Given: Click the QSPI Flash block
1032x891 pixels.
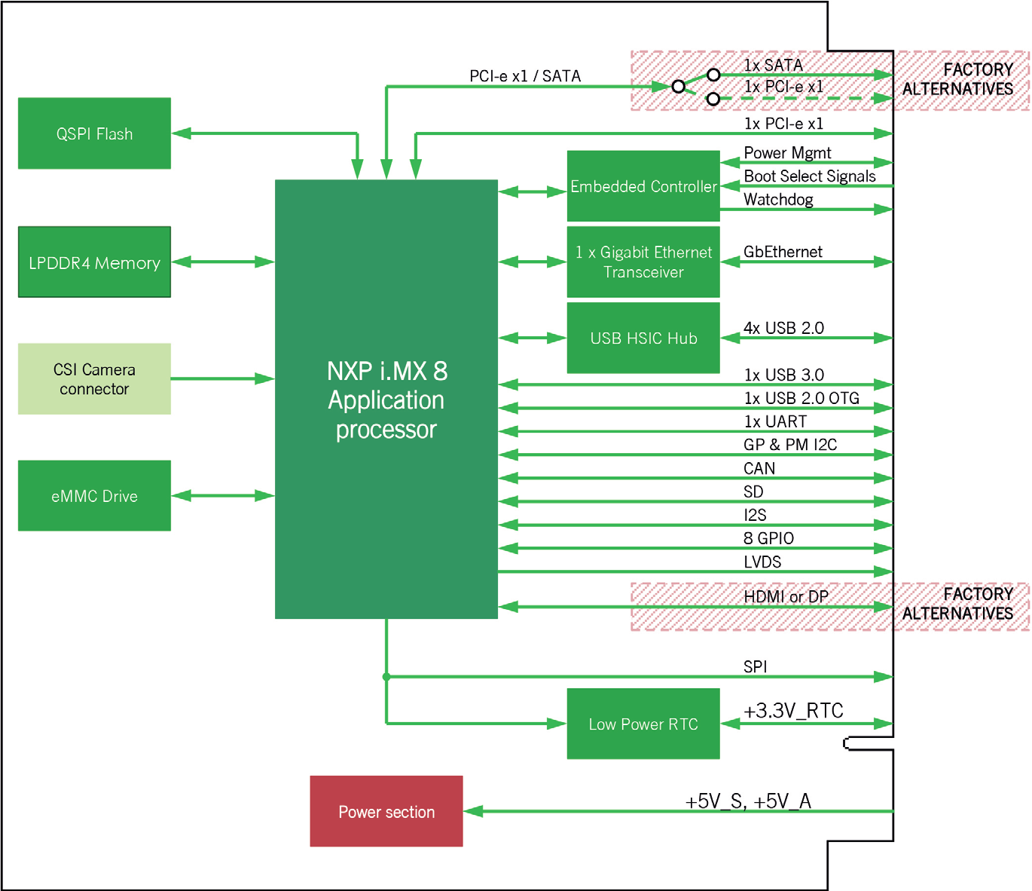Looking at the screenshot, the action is (94, 133).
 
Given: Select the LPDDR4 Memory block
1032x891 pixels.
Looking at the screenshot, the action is (94, 262).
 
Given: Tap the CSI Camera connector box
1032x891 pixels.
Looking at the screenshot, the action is (94, 378).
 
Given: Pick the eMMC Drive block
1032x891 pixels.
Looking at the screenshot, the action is (94, 496).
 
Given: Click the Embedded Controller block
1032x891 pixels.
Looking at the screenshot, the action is (643, 186).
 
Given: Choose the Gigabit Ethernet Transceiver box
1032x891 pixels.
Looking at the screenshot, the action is (643, 262).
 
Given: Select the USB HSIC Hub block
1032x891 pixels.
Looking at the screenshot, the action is (643, 338).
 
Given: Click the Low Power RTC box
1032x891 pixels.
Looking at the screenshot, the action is (643, 724).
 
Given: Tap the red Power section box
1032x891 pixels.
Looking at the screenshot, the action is (386, 812).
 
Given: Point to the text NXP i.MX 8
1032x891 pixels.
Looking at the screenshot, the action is (387, 372).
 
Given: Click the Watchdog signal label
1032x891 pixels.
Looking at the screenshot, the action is (778, 200).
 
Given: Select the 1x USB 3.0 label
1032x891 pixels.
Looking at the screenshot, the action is (784, 375).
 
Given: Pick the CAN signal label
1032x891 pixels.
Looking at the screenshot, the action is (759, 468).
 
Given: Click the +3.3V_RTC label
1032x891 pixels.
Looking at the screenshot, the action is (793, 711).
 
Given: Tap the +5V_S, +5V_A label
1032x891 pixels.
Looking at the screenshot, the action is (748, 801).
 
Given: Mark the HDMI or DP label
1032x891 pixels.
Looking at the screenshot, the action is (786, 596).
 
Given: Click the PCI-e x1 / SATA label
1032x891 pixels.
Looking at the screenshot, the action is (525, 76).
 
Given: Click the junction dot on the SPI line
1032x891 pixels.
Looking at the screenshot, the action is (386, 677).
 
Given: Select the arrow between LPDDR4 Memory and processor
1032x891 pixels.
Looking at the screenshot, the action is (223, 262).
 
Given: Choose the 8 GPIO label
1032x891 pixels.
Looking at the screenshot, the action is (768, 538).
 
